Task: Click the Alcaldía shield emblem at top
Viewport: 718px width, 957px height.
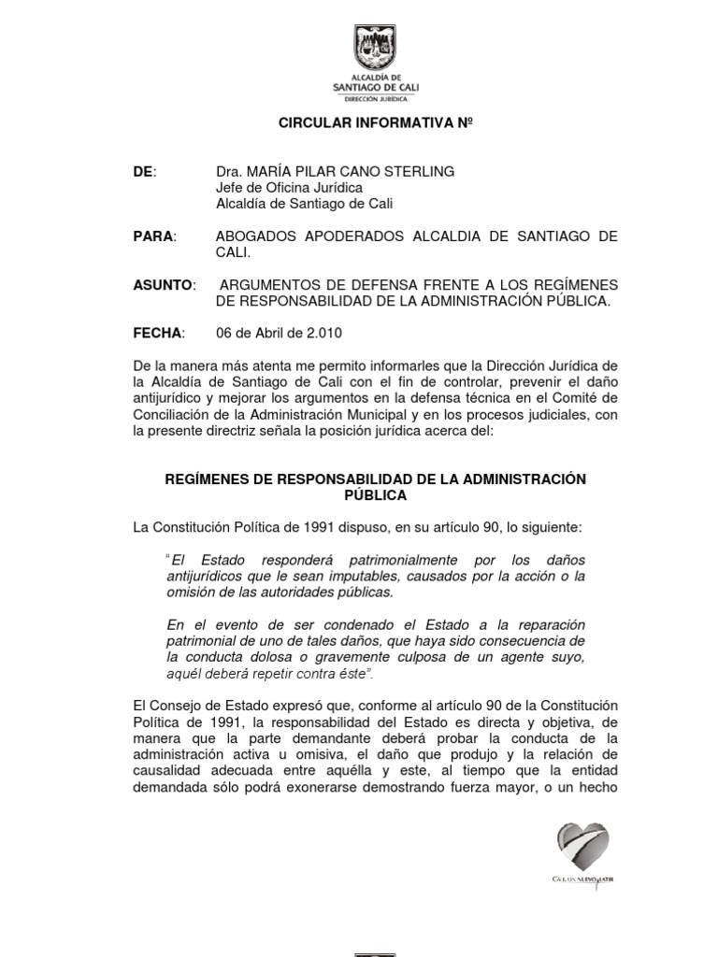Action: pos(376,47)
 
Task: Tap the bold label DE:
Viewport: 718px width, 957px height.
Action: pos(146,171)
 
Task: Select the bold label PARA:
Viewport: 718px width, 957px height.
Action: pos(154,236)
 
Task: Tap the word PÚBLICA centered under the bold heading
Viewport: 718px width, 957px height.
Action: pos(375,495)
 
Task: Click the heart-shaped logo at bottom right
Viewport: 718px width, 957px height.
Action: pos(582,847)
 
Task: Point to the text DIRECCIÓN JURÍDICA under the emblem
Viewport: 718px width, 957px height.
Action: pos(376,97)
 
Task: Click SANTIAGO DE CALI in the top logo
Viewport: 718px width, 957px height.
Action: pos(376,87)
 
